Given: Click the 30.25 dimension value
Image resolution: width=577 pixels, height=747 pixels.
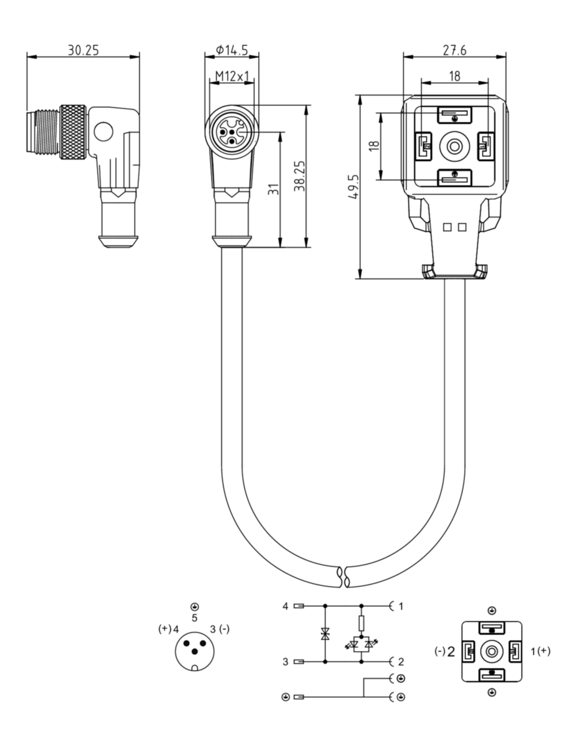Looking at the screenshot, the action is tap(83, 50).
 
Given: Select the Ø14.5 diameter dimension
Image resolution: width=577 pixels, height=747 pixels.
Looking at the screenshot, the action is tap(232, 50).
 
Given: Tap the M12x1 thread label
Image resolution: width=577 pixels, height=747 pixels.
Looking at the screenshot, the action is tap(232, 76).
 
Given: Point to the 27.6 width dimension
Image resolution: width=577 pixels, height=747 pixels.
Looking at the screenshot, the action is tap(454, 50).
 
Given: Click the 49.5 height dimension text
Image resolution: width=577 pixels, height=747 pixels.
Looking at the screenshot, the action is tap(354, 187).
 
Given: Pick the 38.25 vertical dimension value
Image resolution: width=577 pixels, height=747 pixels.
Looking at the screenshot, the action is tap(299, 176).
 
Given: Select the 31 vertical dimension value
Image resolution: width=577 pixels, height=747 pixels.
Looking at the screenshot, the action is tap(273, 189).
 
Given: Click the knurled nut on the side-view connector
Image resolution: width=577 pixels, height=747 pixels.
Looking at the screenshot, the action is tap(73, 133).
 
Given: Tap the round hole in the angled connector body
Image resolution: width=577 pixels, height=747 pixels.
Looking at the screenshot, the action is tap(103, 133).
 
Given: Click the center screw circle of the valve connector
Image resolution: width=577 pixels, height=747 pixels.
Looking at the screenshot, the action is tap(454, 147).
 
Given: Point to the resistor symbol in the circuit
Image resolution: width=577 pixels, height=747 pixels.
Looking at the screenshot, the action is tap(361, 624).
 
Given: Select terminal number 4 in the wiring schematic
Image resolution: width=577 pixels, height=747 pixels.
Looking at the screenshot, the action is tap(285, 606).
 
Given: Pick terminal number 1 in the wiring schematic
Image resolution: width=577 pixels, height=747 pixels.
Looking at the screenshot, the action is tap(401, 606).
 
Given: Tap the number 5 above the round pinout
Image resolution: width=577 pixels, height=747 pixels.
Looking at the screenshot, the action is tap(194, 618).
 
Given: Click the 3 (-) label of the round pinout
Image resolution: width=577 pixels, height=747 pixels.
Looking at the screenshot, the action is tap(220, 629).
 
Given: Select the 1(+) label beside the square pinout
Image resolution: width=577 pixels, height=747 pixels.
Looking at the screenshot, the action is tap(540, 651).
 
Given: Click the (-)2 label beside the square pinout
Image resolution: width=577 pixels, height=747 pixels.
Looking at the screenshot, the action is tap(444, 651).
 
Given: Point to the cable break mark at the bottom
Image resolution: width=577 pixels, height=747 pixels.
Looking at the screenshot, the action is tap(343, 576).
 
